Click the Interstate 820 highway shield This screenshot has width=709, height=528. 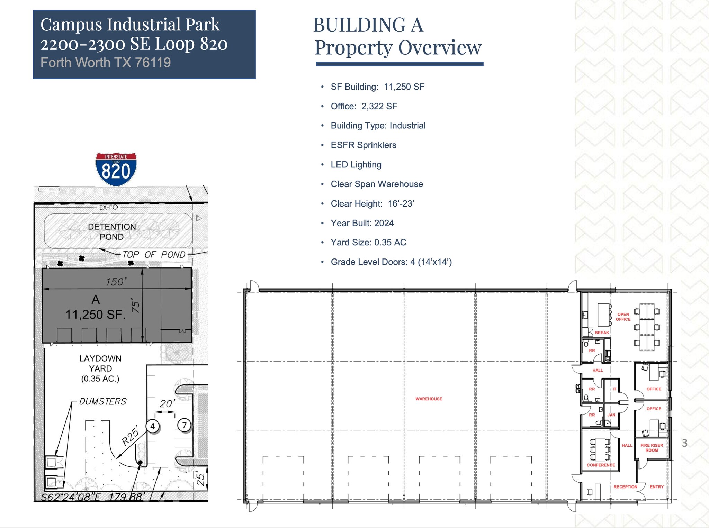pos(116,169)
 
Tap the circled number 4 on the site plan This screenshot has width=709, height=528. pos(152,426)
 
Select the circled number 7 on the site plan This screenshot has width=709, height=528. pos(184,425)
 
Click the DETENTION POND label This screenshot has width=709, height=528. pos(112,232)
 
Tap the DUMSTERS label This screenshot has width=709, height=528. pos(103,401)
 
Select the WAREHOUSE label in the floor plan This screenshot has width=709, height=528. pos(429,399)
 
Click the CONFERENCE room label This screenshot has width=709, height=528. pos(601,465)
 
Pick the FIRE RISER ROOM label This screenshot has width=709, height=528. pos(652,448)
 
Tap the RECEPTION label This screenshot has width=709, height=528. pos(625,487)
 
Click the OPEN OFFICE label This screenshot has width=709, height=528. pos(623,317)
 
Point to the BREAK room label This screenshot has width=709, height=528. pos(602,333)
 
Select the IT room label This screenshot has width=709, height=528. pos(614,389)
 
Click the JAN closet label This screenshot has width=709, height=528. pos(611,415)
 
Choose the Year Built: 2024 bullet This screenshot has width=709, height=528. pos(362,223)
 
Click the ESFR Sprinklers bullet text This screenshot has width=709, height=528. pos(364,145)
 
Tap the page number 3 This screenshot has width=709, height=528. pos(684,443)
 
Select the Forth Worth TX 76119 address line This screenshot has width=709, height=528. pos(106,63)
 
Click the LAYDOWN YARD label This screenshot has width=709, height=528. pos(100,368)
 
